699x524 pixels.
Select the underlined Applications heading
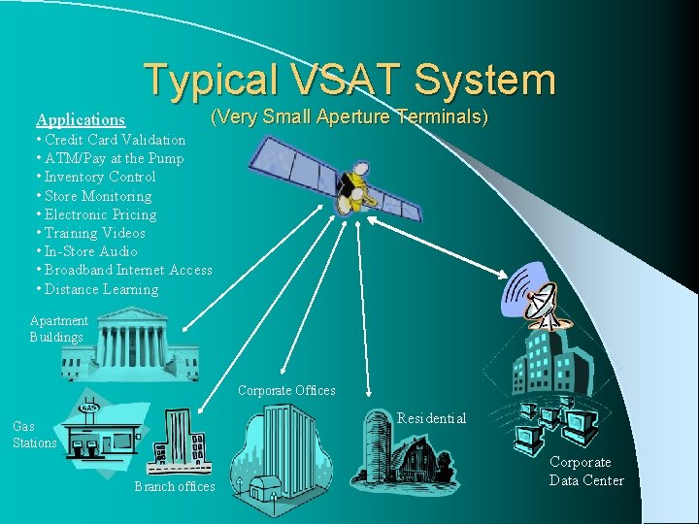tap(81, 120)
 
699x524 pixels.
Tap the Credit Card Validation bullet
tap(112, 140)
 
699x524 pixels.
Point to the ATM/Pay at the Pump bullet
tap(111, 158)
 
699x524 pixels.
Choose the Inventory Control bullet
tap(96, 177)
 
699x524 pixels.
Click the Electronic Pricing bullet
tap(96, 214)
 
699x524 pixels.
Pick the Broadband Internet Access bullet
tap(124, 270)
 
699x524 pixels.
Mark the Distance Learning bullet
tap(97, 289)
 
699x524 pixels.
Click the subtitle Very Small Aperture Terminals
tap(349, 117)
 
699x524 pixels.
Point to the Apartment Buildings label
tap(58, 328)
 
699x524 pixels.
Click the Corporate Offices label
tap(286, 390)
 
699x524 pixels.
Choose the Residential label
tap(431, 418)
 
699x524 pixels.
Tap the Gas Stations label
tap(34, 434)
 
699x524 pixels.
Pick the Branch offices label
tap(175, 486)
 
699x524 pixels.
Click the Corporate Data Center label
tap(585, 471)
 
